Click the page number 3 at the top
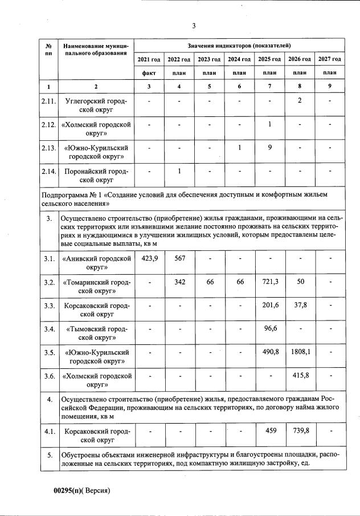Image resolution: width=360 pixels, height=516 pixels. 194,26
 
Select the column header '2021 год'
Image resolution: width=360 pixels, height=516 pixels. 149,59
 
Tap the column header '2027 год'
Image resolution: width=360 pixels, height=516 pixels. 330,59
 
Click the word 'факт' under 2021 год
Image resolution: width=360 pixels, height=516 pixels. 149,73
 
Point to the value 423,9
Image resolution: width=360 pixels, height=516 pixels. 149,258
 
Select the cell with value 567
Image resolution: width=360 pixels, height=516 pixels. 179,258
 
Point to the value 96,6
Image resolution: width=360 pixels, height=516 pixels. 269,328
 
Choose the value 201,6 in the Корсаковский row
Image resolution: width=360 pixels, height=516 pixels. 269,306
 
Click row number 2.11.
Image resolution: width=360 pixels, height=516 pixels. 49,101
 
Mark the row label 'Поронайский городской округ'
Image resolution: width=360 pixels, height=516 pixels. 96,176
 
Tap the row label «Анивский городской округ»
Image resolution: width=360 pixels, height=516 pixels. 96,263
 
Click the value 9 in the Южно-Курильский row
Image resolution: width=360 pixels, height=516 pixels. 269,148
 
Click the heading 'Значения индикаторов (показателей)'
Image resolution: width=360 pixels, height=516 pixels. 239,44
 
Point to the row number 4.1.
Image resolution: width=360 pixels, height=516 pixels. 49,431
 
